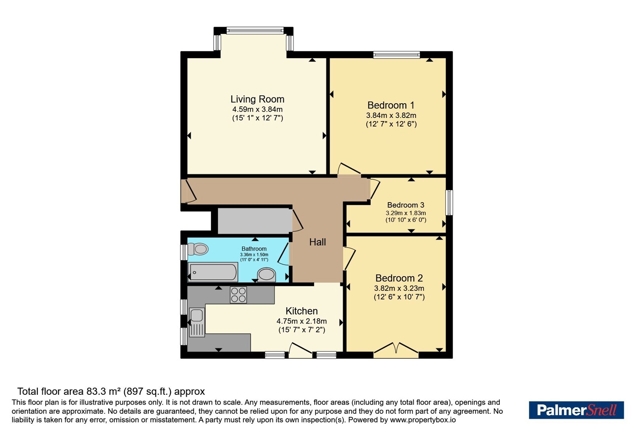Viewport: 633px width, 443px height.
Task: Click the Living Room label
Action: [x=257, y=99]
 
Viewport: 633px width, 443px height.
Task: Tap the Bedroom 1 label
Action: [x=391, y=105]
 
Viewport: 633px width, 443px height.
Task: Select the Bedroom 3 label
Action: [x=406, y=205]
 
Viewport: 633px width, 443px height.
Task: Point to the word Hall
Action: [x=317, y=242]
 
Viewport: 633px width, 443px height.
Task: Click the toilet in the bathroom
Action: [x=198, y=249]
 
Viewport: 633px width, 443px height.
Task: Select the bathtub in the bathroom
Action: [x=213, y=272]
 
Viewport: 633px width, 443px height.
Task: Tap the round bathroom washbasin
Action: [x=267, y=275]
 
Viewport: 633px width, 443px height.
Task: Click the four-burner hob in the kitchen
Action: [x=238, y=295]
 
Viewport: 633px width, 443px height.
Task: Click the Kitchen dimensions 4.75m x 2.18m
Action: [x=301, y=321]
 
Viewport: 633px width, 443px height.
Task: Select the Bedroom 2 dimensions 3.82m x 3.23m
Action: [x=399, y=288]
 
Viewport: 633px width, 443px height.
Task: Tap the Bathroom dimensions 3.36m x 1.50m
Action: [x=254, y=255]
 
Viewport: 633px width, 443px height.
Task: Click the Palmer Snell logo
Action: [x=576, y=410]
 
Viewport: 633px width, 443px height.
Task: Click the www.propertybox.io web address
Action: [x=423, y=420]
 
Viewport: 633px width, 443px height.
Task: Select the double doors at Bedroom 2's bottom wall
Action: [x=396, y=350]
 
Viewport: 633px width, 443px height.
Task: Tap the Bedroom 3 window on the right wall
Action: [x=449, y=203]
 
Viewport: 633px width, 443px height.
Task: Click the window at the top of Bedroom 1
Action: [x=396, y=55]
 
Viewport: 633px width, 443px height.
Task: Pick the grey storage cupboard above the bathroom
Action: [x=255, y=221]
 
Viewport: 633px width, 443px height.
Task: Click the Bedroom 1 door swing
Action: [x=349, y=168]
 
